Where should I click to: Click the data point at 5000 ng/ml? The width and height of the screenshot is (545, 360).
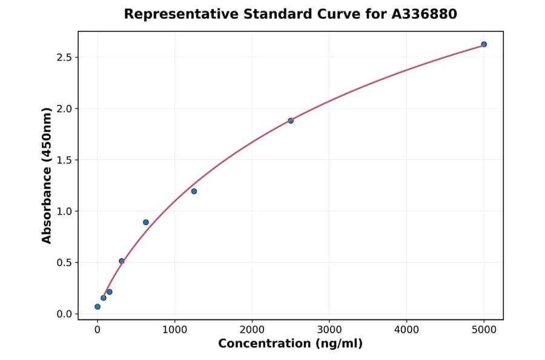coord(484,44)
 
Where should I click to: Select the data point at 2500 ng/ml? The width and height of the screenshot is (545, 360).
coord(291,121)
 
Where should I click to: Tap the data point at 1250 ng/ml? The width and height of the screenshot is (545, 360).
coord(194,192)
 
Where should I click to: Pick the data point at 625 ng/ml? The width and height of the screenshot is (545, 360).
coord(146,222)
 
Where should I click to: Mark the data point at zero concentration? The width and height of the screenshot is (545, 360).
coord(97,307)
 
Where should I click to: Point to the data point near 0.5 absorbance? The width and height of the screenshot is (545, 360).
coord(122,261)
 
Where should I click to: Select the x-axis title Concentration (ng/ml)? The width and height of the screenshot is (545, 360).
coord(290,344)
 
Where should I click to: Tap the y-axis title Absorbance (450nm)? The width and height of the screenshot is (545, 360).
coord(47,175)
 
